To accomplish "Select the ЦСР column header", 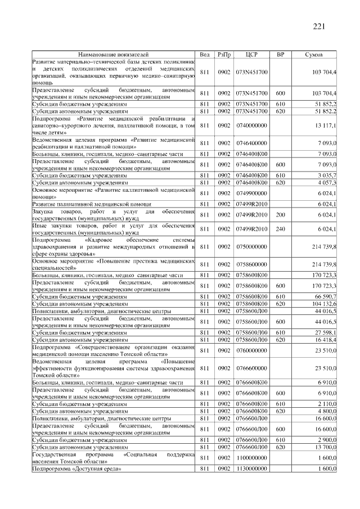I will pyautogui.click(x=251, y=54).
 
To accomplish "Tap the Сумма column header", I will pyautogui.click(x=313, y=54).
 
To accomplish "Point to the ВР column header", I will pyautogui.click(x=280, y=54).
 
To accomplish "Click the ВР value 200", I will pyautogui.click(x=280, y=215).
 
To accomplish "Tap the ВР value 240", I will pyautogui.click(x=280, y=229).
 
